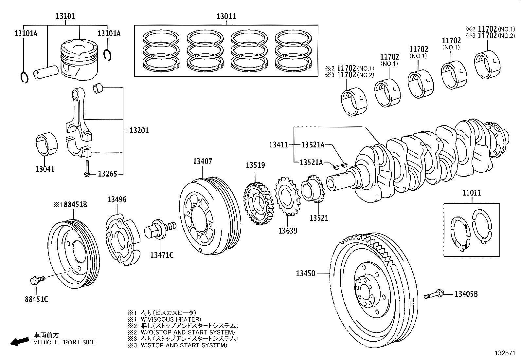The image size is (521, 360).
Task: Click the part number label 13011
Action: pos(226,16)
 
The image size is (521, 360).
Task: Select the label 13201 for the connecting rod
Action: pos(139,130)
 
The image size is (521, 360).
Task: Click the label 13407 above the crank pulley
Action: pos(202,161)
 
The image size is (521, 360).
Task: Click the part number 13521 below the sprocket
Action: pos(319,218)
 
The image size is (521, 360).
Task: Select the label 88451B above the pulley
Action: pos(75,205)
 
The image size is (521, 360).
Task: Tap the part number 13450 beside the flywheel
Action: pos(305,274)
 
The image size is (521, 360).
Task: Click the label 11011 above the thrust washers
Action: pos(472,193)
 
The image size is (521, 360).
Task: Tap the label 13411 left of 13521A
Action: pos(278,144)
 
